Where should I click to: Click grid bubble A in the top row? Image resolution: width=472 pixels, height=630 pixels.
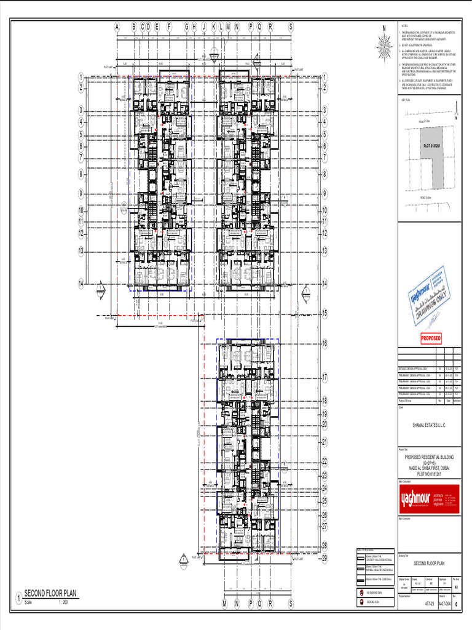click(x=116, y=27)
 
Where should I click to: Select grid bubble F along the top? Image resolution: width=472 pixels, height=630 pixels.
click(x=170, y=27)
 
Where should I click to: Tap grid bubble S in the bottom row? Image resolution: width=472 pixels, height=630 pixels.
click(x=291, y=604)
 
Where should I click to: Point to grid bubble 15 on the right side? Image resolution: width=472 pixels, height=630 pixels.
click(x=324, y=313)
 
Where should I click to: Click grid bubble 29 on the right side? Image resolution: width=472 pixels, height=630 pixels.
click(x=324, y=558)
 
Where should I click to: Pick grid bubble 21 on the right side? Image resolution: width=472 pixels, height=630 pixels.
click(x=324, y=442)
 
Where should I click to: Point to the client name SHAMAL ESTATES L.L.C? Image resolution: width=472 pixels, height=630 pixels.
click(x=429, y=425)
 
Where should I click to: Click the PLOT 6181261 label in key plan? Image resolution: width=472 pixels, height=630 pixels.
click(x=432, y=145)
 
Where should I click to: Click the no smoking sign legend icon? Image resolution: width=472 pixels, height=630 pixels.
click(x=361, y=592)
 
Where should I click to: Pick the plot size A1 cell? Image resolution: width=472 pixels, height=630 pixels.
click(x=455, y=588)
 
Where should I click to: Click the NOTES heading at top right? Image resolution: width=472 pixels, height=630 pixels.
click(x=404, y=27)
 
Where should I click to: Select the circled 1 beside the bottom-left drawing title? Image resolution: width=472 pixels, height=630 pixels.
click(x=19, y=597)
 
